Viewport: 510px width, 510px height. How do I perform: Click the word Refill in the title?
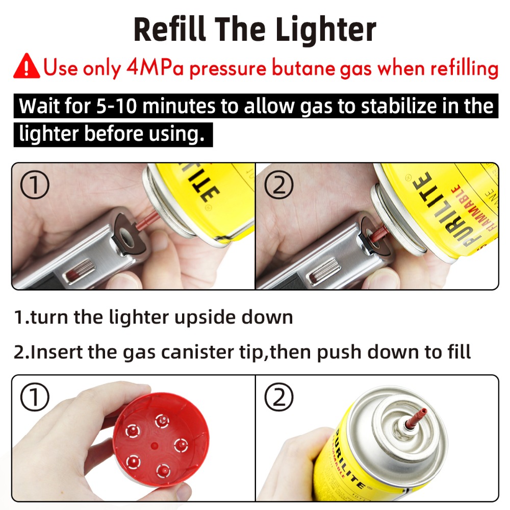coord(168,30)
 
